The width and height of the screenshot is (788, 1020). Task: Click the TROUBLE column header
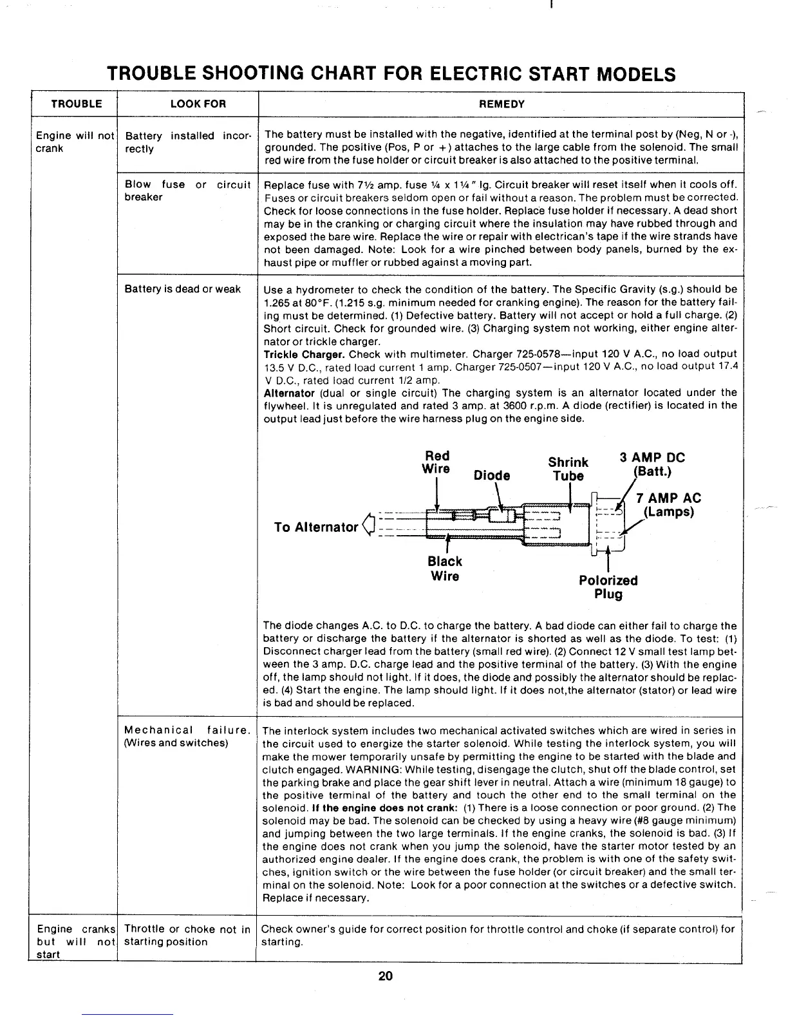tap(76, 104)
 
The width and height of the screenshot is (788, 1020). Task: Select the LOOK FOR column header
tap(188, 104)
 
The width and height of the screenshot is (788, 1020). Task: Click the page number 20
tap(385, 976)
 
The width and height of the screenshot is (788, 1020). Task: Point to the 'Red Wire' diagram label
tap(436, 462)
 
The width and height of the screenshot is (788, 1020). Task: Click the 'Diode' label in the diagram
tap(491, 475)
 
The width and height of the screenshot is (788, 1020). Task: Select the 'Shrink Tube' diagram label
tap(568, 469)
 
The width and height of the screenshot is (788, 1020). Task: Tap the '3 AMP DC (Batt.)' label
tap(652, 464)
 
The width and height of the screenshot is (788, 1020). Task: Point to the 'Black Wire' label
tap(445, 568)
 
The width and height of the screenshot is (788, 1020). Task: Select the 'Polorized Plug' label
tap(608, 587)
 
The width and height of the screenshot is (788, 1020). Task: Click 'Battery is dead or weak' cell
tap(183, 289)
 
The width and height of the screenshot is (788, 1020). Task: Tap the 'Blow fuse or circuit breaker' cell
tap(187, 191)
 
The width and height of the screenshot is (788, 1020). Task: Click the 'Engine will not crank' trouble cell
tap(75, 142)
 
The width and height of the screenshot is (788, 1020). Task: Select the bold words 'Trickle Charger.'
tap(305, 354)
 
